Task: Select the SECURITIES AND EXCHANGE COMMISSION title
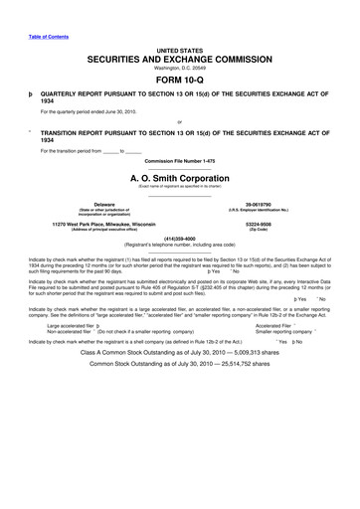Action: pos(179,60)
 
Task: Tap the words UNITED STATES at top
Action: pos(179,49)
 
